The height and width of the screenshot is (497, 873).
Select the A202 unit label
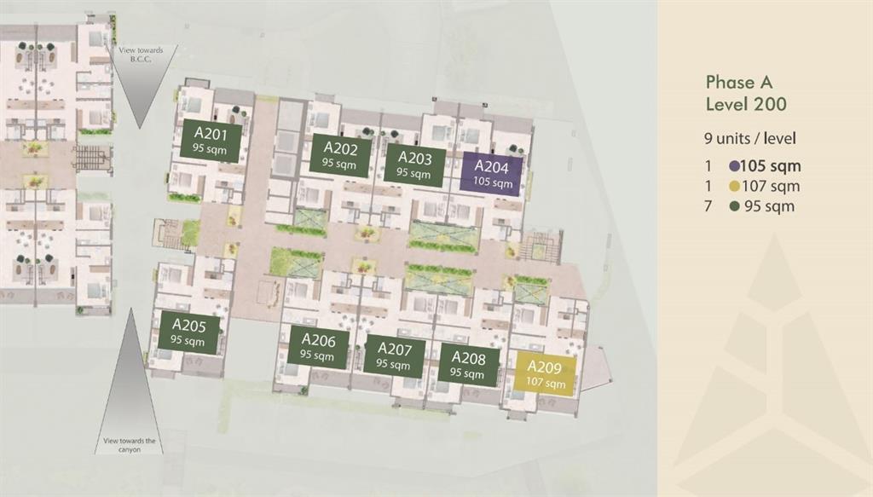(339, 154)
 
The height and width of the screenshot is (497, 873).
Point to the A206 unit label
(317, 347)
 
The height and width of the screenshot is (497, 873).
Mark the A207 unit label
(394, 355)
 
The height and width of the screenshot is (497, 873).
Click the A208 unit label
(467, 364)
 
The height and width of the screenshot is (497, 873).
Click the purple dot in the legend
(735, 167)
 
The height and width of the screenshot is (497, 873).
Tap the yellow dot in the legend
(735, 187)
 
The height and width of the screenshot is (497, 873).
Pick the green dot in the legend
(735, 206)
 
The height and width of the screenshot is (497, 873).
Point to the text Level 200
(746, 105)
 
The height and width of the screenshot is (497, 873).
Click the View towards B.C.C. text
(142, 55)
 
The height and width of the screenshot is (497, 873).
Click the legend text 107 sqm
(772, 187)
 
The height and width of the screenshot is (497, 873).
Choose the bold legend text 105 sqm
(772, 167)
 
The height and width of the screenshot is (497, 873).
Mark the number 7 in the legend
(708, 206)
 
